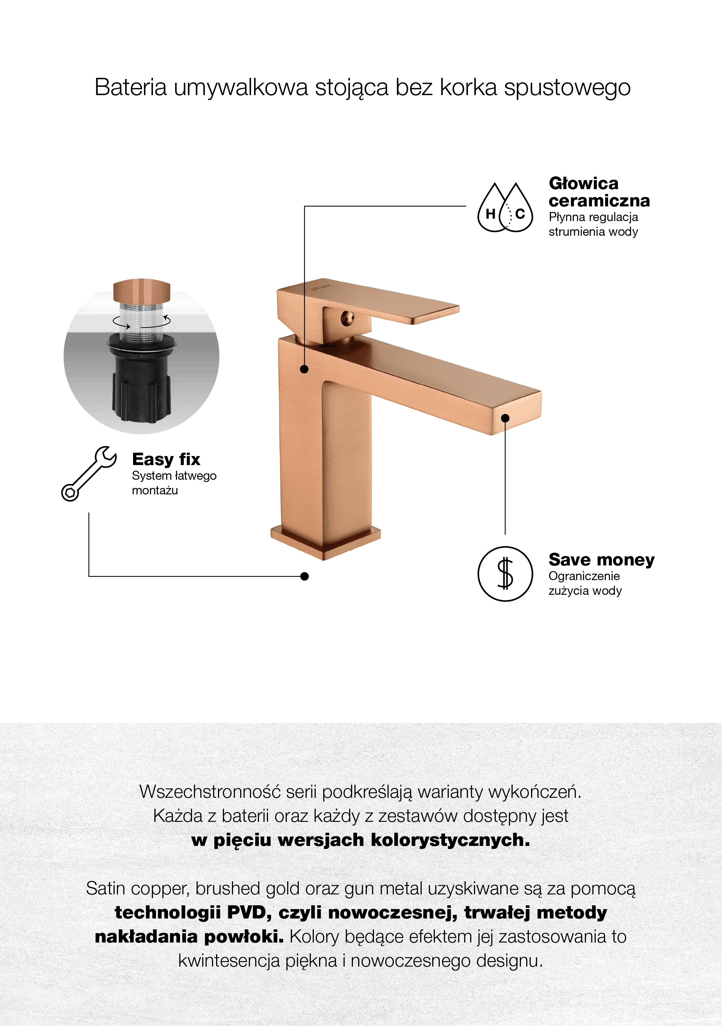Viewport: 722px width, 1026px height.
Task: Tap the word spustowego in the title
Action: click(567, 88)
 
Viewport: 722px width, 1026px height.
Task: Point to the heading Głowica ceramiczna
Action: click(599, 192)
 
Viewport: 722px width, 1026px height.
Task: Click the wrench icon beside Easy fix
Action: click(89, 474)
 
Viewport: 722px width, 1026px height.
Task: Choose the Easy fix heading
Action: click(166, 459)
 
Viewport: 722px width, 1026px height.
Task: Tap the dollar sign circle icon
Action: click(505, 574)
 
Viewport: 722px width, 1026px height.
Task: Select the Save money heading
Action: click(601, 559)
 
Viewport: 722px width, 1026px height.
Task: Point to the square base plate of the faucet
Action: click(325, 542)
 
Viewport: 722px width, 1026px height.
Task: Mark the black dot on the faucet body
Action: click(304, 369)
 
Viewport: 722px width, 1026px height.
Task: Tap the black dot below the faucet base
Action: click(304, 576)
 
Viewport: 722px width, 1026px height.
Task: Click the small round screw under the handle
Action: click(347, 318)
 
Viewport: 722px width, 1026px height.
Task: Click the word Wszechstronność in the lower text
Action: click(210, 792)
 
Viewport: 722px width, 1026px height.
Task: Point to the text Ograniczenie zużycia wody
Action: click(585, 583)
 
